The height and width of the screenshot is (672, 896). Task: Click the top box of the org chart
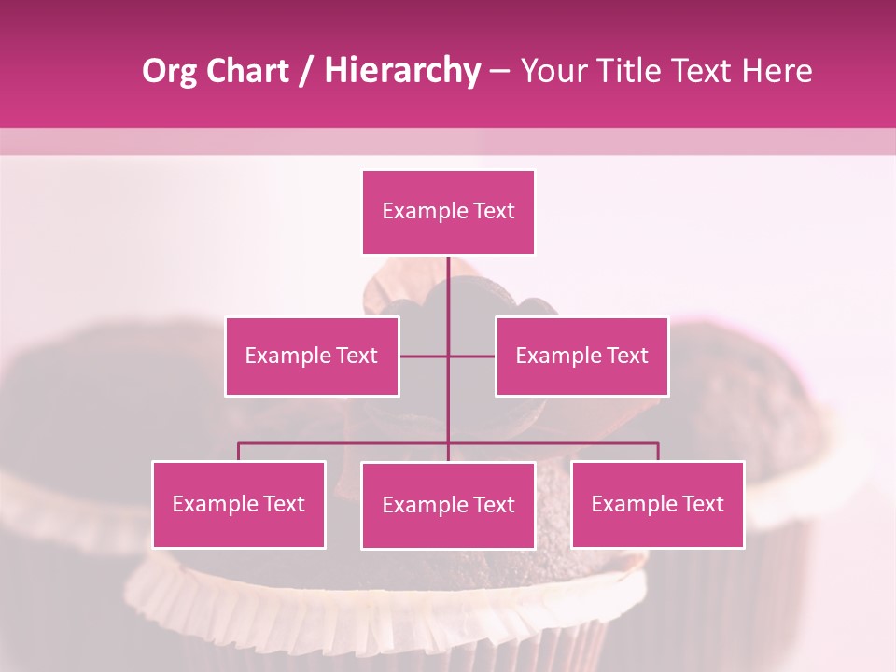pyautogui.click(x=448, y=212)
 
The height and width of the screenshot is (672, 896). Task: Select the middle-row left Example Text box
pyautogui.click(x=312, y=356)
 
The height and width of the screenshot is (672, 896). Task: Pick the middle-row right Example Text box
pyautogui.click(x=581, y=356)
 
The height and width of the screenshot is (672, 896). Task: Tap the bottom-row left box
pyautogui.click(x=239, y=504)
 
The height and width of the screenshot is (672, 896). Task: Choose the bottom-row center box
pyautogui.click(x=448, y=505)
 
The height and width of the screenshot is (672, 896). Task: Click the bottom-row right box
pyautogui.click(x=658, y=504)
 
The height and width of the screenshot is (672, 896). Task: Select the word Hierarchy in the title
pyautogui.click(x=401, y=72)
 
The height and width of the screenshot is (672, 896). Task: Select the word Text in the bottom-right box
pyautogui.click(x=702, y=504)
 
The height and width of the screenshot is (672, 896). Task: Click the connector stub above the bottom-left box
pyautogui.click(x=239, y=452)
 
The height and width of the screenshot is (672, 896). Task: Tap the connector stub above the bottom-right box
pyautogui.click(x=658, y=452)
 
